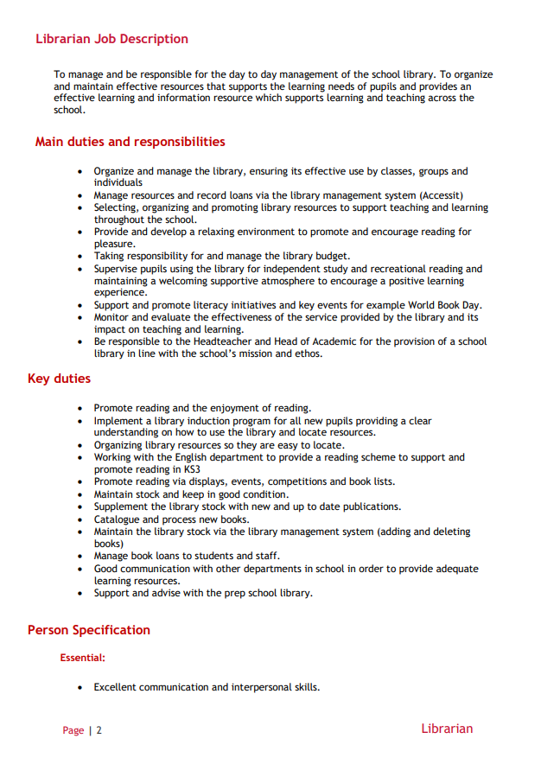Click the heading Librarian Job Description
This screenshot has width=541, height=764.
(x=111, y=39)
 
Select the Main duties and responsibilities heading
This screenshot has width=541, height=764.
(x=130, y=142)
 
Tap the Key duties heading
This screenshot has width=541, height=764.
(x=59, y=379)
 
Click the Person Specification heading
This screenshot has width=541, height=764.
(x=89, y=630)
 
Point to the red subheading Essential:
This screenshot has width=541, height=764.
(x=83, y=658)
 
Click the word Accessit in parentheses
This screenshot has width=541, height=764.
(x=440, y=195)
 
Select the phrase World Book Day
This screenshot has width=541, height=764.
(x=444, y=305)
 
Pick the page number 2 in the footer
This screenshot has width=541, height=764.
(x=99, y=730)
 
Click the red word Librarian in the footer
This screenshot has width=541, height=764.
(x=447, y=729)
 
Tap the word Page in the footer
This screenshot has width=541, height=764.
(x=73, y=730)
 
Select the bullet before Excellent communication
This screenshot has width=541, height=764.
(x=80, y=688)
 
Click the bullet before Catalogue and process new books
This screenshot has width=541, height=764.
(x=80, y=519)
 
